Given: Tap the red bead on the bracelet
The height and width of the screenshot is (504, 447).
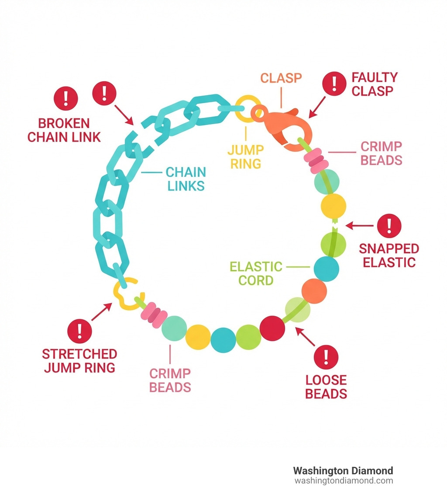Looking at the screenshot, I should click(272, 328).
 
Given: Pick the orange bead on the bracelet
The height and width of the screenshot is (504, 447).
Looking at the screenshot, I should click(314, 291).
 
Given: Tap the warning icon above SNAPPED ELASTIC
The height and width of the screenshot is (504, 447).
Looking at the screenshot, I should click(389, 226).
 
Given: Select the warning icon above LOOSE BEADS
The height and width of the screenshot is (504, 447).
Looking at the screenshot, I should click(326, 356).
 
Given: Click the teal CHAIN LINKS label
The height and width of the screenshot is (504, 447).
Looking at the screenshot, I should click(185, 178).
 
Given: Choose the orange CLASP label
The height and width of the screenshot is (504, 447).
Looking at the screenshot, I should click(281, 78).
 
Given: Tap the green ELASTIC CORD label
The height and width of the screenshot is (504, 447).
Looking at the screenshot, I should click(256, 273).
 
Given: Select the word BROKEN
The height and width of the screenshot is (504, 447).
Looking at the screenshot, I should click(64, 123).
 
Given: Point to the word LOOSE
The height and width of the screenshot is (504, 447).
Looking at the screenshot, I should click(326, 380).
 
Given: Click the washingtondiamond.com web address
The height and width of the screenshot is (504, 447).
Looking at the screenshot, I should click(344, 481).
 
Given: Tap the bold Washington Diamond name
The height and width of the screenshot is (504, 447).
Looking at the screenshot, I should click(343, 470).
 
